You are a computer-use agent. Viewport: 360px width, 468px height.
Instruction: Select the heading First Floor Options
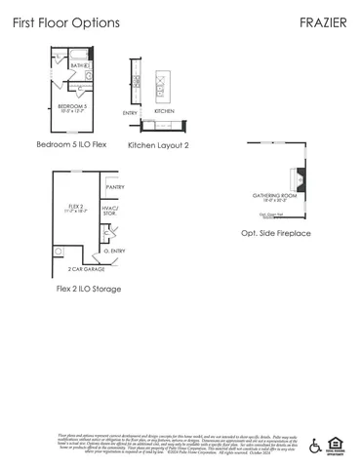[x=67, y=21]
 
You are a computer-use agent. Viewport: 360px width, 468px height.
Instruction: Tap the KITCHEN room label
[x=164, y=111]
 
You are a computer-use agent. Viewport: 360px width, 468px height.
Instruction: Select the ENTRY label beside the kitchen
[x=130, y=113]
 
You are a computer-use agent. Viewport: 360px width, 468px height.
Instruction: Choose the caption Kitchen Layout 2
[x=158, y=144]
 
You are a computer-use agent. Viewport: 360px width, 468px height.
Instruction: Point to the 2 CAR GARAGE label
[x=85, y=268]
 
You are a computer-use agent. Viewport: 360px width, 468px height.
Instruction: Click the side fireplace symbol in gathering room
[x=300, y=181]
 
